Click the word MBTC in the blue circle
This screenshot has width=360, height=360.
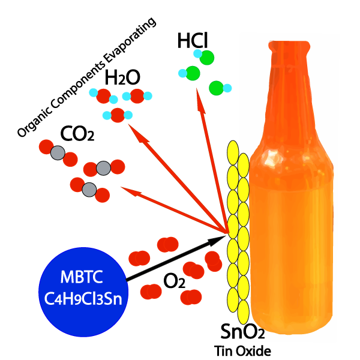pyautogui.click(x=82, y=278)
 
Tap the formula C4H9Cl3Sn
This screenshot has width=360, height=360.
pyautogui.click(x=83, y=298)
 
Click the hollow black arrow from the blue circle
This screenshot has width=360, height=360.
pyautogui.click(x=174, y=258)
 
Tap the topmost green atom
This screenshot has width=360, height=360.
pyautogui.click(x=207, y=58)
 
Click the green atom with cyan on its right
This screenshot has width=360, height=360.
pyautogui.click(x=216, y=88)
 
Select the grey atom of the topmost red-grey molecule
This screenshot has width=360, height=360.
pyautogui.click(x=58, y=153)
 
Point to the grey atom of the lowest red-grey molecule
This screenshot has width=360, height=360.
pyautogui.click(x=89, y=190)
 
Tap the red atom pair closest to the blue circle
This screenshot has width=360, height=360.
pyautogui.click(x=139, y=259)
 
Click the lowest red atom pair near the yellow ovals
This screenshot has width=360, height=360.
pyautogui.click(x=191, y=297)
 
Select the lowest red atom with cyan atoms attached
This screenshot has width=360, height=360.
pyautogui.click(x=118, y=115)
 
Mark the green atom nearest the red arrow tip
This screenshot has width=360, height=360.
pyautogui.click(x=193, y=73)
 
